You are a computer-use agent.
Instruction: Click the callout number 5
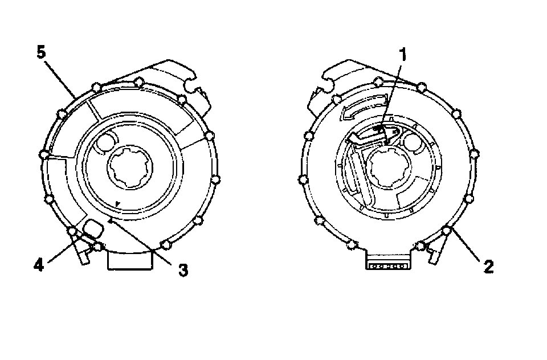[x=41, y=53]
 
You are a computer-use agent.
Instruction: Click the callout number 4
[x=38, y=266]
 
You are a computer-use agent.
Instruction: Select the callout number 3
[x=183, y=270]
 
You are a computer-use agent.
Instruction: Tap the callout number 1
[x=403, y=55]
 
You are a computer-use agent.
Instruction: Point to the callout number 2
[x=489, y=267]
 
